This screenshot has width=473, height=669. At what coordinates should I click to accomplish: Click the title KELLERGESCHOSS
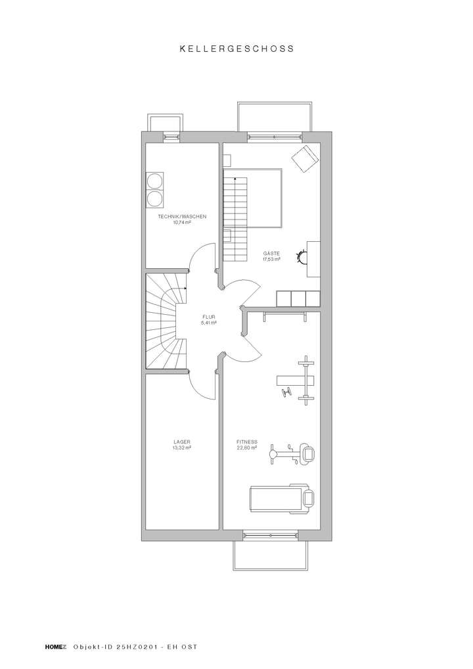tap(236, 48)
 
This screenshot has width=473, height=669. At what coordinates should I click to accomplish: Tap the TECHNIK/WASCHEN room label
tap(183, 217)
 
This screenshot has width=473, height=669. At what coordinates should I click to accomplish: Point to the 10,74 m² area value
tap(182, 223)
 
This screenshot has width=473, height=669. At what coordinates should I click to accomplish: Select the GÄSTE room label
tap(271, 253)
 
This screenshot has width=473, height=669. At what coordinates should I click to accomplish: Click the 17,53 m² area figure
tap(271, 259)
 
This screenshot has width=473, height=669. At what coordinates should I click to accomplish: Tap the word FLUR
tap(209, 317)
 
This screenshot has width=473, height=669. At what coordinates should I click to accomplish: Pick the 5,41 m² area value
tap(209, 323)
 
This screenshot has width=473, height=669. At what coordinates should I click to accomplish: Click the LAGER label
tap(182, 442)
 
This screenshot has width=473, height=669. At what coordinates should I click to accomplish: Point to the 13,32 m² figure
tap(182, 448)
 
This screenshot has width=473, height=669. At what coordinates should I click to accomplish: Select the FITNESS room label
tap(247, 442)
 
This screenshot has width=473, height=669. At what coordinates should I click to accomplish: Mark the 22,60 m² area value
tap(247, 448)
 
